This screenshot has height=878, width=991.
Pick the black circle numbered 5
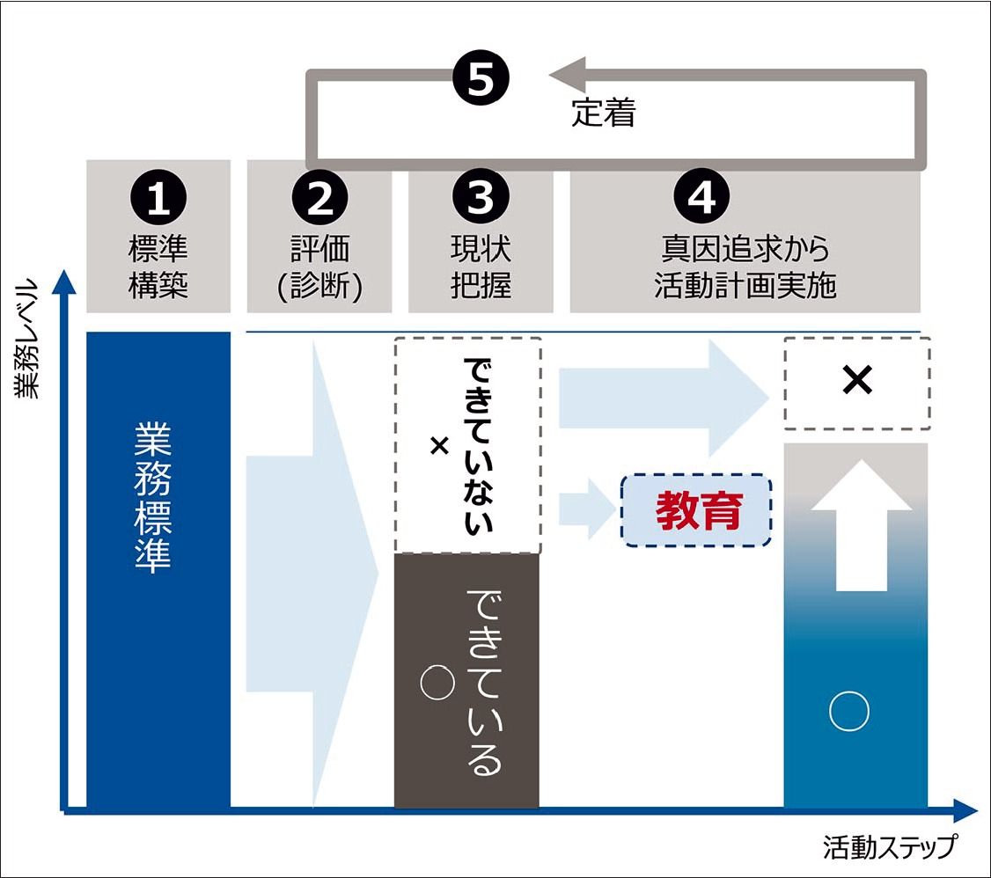click(481, 80)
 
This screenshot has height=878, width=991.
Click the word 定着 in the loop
click(603, 114)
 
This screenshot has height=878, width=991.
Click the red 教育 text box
click(697, 510)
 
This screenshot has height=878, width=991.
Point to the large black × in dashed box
click(856, 380)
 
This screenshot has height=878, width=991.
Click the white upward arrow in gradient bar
click(860, 536)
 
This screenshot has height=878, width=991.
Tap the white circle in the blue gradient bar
click(849, 711)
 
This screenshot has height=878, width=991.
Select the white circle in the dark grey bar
click(437, 683)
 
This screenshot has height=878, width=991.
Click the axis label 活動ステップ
click(889, 847)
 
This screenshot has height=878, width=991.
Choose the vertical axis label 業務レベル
click(29, 339)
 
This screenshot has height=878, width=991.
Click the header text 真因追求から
click(745, 250)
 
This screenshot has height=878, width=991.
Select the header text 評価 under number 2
click(319, 250)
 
